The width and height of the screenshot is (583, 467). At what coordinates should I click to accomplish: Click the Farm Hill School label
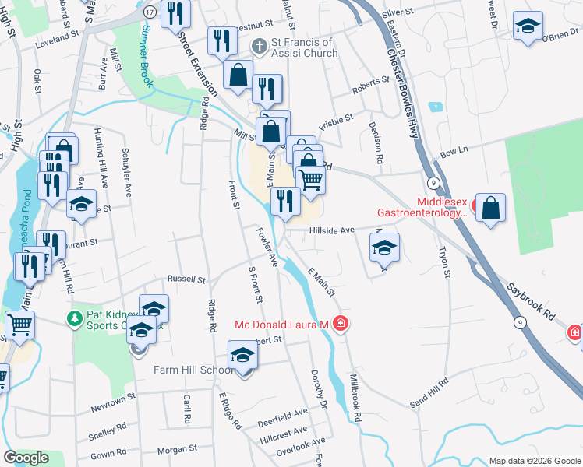[193, 370]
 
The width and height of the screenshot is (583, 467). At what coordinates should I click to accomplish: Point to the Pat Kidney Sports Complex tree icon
[74, 318]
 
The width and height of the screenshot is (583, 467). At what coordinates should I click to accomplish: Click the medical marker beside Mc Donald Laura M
[340, 323]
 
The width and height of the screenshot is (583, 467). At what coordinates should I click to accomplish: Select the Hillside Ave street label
[330, 230]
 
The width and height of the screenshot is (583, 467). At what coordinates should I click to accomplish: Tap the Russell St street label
[186, 279]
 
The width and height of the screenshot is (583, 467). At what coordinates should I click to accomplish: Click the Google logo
[26, 458]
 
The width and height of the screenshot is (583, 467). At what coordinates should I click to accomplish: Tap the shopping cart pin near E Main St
[311, 180]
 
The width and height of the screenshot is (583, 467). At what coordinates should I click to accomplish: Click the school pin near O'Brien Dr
[528, 25]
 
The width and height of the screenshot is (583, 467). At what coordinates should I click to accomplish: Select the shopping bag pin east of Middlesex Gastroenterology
[490, 208]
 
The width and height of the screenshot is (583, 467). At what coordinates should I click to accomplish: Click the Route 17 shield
[148, 13]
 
